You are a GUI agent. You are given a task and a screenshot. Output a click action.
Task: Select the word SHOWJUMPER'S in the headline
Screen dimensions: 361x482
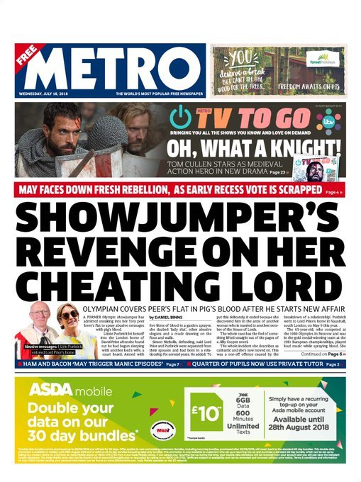pos(179,221)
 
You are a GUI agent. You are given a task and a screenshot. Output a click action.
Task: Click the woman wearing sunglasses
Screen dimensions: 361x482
pos(68,318)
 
